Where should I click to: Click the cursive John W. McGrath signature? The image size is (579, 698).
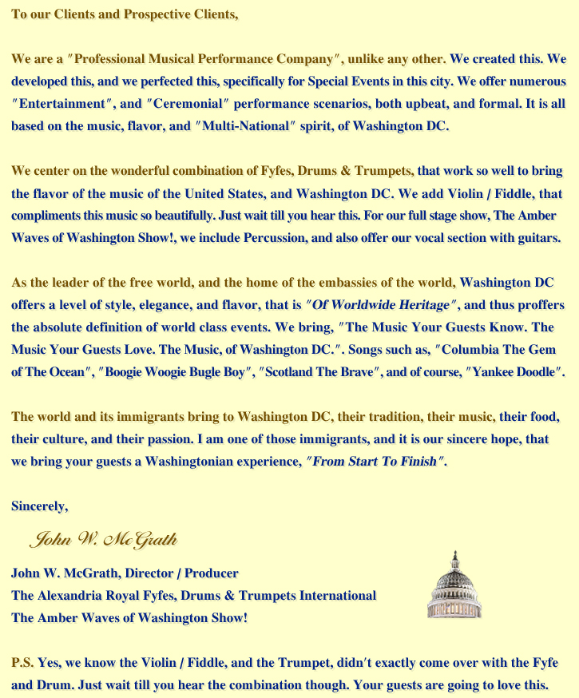[103, 541]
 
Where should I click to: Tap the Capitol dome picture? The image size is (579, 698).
[454, 588]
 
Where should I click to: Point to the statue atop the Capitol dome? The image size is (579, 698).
[454, 554]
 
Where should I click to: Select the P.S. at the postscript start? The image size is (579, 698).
[22, 663]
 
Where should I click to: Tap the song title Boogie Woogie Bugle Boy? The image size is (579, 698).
[167, 371]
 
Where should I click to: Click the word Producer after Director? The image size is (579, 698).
[211, 573]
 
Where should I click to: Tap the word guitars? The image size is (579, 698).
[537, 237]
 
